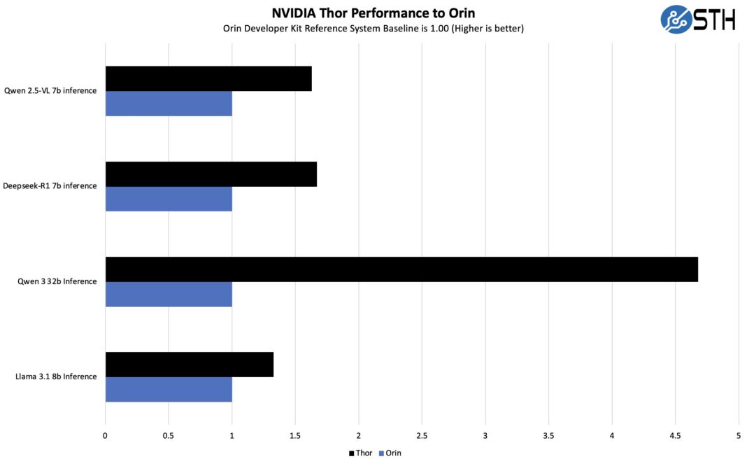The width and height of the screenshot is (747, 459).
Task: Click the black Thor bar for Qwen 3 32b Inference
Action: pos(401,269)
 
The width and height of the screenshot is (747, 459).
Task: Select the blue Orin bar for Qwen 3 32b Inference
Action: pos(169,295)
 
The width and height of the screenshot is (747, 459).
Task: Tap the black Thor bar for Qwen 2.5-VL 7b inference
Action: pos(208,78)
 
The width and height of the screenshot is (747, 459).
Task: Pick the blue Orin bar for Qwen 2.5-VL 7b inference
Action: pos(169,104)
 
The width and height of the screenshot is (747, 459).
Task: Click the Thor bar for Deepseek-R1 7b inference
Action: pos(211,174)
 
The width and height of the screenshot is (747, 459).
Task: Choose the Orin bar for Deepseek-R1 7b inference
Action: pos(169,199)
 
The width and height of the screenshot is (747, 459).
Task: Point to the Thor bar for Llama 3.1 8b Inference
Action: pos(190,365)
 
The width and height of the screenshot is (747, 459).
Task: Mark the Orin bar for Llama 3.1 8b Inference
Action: pos(169,390)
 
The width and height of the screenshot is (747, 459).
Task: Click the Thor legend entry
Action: pos(361,453)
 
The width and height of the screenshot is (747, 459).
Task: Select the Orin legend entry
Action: pos(390,453)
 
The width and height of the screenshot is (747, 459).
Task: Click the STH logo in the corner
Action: pos(697,19)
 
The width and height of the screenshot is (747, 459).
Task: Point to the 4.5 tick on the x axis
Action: pos(675,435)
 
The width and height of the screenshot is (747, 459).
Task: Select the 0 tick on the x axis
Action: pos(105,435)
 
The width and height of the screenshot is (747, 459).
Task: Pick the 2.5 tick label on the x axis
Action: pos(422,435)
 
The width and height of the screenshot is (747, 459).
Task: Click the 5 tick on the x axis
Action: pos(739,435)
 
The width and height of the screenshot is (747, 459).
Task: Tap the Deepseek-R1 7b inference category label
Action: pos(50,186)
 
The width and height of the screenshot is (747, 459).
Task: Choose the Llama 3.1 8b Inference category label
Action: pos(56,377)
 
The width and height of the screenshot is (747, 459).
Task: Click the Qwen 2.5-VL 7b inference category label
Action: pos(50,91)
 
